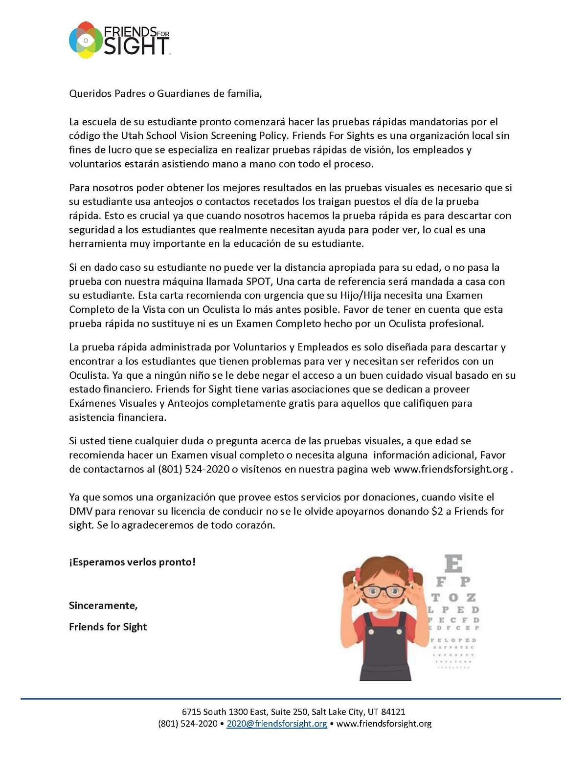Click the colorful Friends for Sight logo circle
point(86,40)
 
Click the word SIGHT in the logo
point(136,47)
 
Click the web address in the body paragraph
point(451,469)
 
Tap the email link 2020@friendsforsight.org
point(277,724)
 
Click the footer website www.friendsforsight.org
point(384,724)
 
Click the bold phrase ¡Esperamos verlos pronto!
point(132,562)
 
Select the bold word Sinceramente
point(103,606)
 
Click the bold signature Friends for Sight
point(108,627)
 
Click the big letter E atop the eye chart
point(453,564)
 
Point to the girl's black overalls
point(385,650)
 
